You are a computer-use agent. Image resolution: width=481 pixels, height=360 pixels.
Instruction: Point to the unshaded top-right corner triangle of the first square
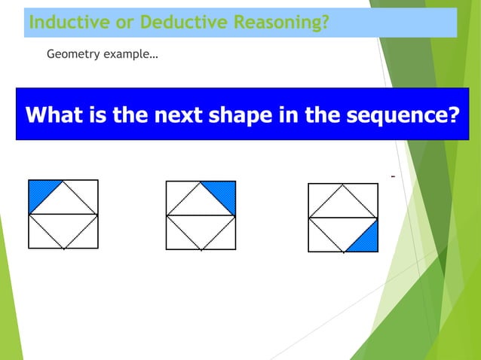coord(87,191)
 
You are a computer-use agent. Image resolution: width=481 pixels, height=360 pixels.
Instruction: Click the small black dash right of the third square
coord(393,178)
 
